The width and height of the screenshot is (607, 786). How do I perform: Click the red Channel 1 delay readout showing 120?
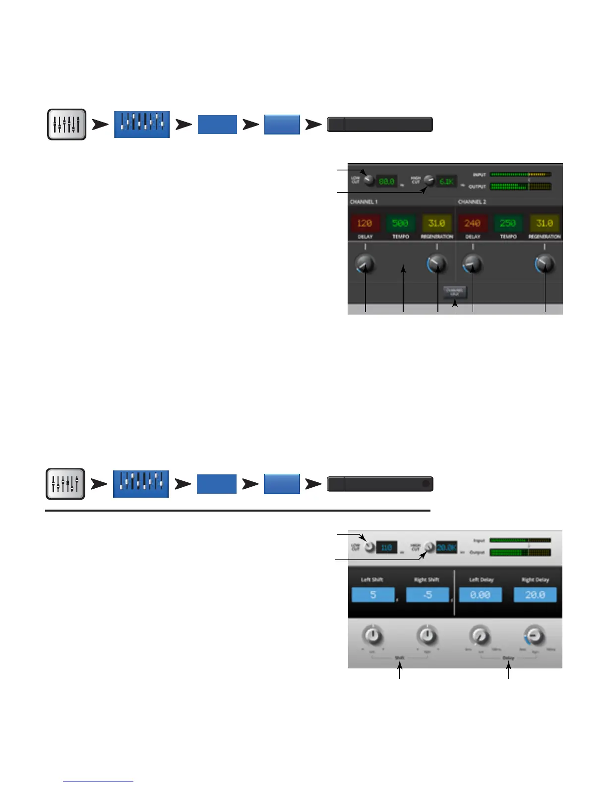coord(364,223)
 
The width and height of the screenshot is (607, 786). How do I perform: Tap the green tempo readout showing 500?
coord(400,223)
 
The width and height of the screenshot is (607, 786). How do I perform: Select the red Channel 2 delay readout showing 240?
coord(472,223)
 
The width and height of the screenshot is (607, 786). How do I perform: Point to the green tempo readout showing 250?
coord(508,223)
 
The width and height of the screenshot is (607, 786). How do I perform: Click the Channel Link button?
coord(455,292)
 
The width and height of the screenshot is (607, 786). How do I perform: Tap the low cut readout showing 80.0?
coord(387,182)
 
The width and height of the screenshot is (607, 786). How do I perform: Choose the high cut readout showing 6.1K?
coord(446,182)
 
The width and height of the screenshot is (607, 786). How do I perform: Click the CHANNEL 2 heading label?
coord(472,202)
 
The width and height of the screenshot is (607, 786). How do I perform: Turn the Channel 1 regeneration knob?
coord(437,264)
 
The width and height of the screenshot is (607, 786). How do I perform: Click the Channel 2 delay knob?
coord(473,264)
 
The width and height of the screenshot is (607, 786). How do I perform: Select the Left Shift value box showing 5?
coord(373,594)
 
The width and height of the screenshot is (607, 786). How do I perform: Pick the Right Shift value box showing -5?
coord(427,594)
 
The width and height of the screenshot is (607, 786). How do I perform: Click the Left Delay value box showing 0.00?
coord(480,594)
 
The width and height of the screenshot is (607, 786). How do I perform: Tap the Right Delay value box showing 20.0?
coord(535,594)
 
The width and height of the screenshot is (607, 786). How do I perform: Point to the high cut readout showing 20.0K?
coord(446,548)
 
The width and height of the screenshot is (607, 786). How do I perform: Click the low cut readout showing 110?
coord(387,548)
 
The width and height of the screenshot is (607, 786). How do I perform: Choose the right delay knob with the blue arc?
coord(535,636)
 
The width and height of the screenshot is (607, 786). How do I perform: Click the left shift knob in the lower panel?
coord(373,636)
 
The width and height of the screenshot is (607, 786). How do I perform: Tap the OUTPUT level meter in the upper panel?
coord(520,187)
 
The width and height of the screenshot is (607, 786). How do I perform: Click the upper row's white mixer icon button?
coord(67,124)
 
